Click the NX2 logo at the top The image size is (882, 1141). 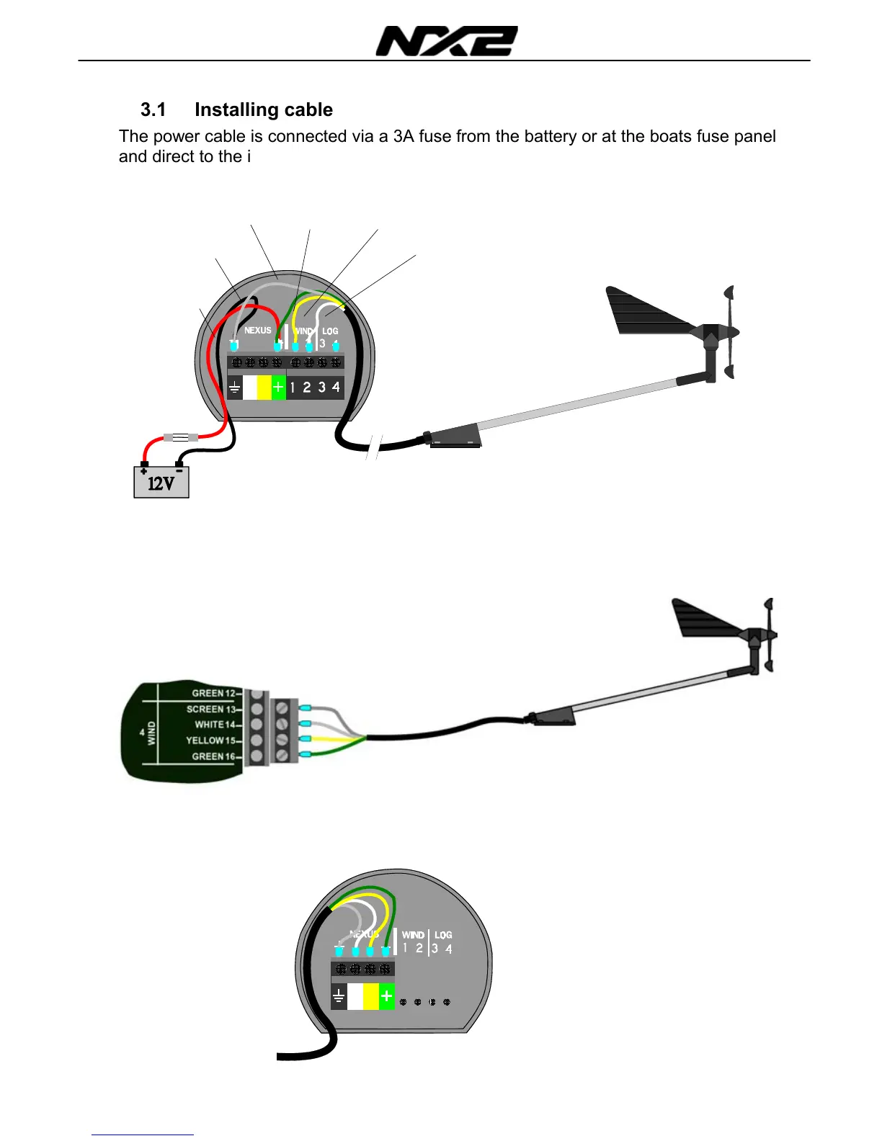447,41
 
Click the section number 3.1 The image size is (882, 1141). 153,109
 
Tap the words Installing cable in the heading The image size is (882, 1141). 264,109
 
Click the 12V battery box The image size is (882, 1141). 161,482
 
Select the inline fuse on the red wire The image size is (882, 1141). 181,437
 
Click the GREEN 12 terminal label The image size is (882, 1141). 213,693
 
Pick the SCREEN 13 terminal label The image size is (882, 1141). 210,709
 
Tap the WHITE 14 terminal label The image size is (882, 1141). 215,725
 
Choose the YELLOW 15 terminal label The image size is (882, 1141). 210,740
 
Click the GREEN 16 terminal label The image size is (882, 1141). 213,756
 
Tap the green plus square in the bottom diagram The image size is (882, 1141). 387,997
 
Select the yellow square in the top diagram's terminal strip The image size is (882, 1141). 264,388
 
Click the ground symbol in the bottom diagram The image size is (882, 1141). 339,997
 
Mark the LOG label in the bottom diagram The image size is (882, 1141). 443,935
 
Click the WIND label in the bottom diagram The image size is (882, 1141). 413,935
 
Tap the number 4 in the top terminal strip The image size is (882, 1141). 336,388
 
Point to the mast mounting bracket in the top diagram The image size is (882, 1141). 455,437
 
